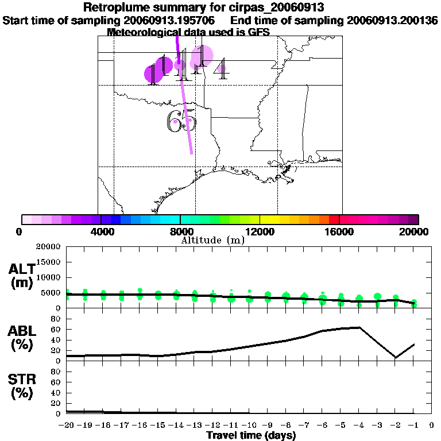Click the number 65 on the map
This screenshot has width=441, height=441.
point(181,121)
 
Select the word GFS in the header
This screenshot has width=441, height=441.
point(258,32)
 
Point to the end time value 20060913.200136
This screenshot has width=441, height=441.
point(393,20)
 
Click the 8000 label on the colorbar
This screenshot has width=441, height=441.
point(180,231)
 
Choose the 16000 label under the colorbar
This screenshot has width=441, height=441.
point(339,231)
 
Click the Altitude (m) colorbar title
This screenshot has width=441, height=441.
point(212,240)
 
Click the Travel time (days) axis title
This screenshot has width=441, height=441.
point(251,435)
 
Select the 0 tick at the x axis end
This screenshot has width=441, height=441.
point(431,425)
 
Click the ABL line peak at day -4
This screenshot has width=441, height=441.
point(359,327)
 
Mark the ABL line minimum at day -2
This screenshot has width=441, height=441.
point(396,357)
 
